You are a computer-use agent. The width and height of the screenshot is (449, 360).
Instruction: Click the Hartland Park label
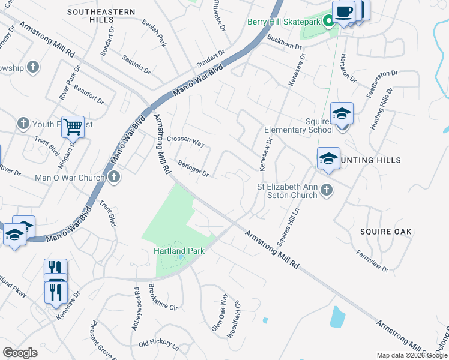(x=179, y=250)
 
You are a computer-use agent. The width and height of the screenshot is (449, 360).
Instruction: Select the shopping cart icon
(x=73, y=127)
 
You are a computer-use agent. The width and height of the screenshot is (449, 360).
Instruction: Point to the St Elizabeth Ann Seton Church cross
(x=326, y=190)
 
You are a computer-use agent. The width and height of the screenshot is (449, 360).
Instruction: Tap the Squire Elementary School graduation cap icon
(x=342, y=113)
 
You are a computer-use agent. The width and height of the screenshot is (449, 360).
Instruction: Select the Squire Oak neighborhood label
(x=385, y=231)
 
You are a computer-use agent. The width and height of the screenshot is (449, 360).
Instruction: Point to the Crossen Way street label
(x=186, y=142)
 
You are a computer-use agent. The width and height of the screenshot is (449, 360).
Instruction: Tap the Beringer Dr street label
(x=193, y=168)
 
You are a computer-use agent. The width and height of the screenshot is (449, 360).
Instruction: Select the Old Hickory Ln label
(x=158, y=345)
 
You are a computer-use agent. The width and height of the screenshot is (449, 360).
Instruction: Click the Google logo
(x=20, y=353)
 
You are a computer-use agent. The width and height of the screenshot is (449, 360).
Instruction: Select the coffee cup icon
(x=344, y=11)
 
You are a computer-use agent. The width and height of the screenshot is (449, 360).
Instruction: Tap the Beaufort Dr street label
(x=89, y=95)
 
